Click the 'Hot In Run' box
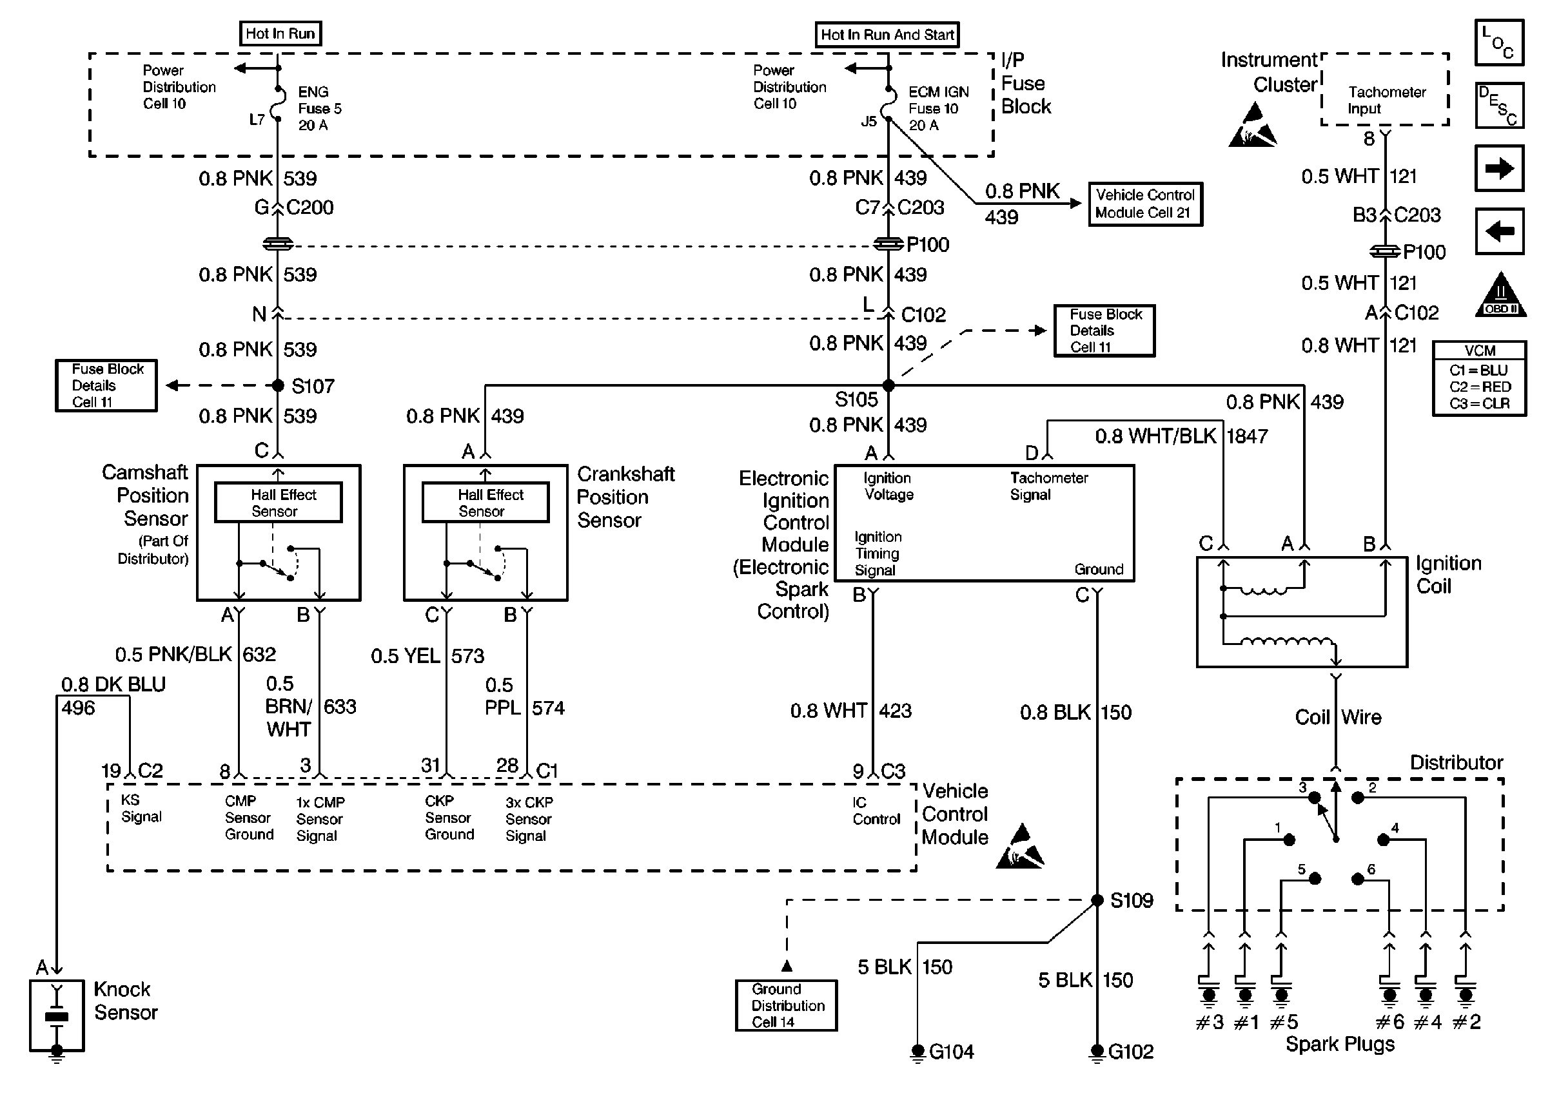[280, 34]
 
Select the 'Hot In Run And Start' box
[887, 35]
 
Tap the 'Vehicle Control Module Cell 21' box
[1144, 204]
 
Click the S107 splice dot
[277, 386]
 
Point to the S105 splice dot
[888, 386]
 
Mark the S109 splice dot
[1097, 900]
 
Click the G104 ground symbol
[918, 1051]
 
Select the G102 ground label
[1131, 1052]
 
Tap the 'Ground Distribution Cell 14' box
[786, 1005]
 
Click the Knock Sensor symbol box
[57, 1016]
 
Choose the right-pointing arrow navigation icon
[1499, 168]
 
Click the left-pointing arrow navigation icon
[1499, 231]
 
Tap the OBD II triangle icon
[1500, 296]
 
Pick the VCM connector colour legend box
[1479, 378]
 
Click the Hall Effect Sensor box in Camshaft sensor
[279, 503]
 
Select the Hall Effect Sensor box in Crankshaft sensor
[486, 503]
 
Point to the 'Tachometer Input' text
[1386, 101]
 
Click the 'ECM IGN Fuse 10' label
[937, 108]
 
